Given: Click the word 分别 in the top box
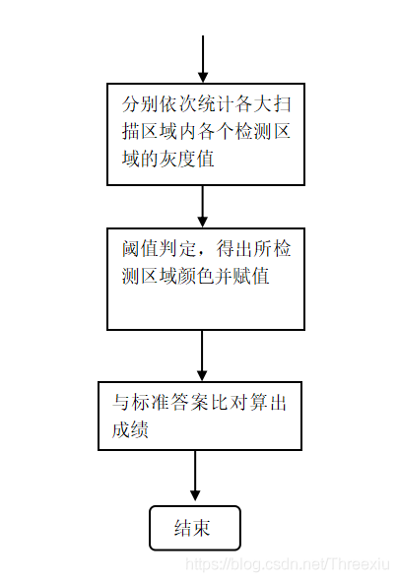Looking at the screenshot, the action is [141, 104].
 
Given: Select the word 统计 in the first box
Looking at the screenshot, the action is [217, 104].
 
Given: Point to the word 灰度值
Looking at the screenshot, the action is [187, 159].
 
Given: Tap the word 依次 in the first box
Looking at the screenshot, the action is [178, 104].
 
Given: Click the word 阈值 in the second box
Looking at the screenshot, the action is [141, 249].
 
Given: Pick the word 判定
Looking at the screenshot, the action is [178, 249].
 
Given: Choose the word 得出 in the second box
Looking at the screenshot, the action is [235, 249].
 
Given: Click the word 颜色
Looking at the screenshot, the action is [197, 276].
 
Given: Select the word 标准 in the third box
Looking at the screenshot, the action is [151, 403].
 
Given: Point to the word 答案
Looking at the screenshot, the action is [189, 403].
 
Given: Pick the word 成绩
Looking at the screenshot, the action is [131, 429].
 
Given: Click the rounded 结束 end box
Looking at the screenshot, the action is [195, 506].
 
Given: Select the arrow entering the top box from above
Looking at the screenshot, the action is [203, 59].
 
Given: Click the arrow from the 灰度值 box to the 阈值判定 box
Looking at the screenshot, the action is [202, 207].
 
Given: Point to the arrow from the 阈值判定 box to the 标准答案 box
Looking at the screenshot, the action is [202, 356].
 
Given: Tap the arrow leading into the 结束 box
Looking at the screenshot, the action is [195, 476].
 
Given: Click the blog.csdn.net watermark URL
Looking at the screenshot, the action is [288, 564].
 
